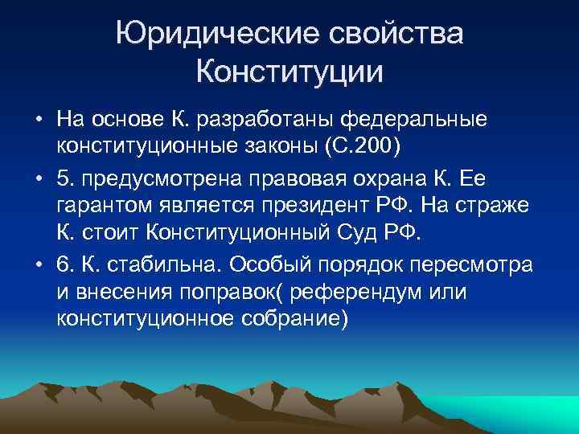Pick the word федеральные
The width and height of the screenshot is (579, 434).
click(x=414, y=120)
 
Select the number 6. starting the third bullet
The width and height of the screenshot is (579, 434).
click(x=65, y=264)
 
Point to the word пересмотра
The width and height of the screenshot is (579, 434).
click(x=466, y=264)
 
